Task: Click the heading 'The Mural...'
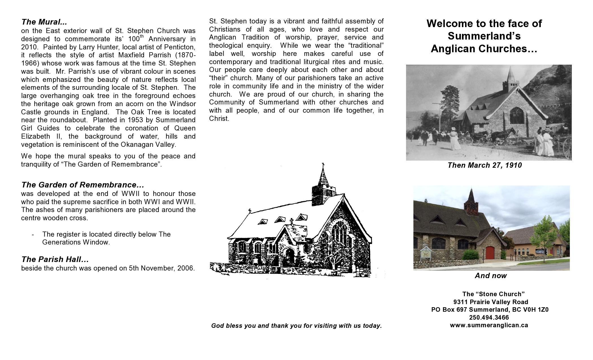(44, 22)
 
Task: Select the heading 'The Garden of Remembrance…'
(83, 185)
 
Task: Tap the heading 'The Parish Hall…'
(55, 259)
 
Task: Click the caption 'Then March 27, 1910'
(485, 165)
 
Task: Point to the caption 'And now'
(491, 276)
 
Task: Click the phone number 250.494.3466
(489, 317)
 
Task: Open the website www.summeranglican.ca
(489, 325)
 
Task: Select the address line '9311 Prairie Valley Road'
(490, 302)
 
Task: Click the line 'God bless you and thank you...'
(296, 326)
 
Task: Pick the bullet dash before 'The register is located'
(33, 235)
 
